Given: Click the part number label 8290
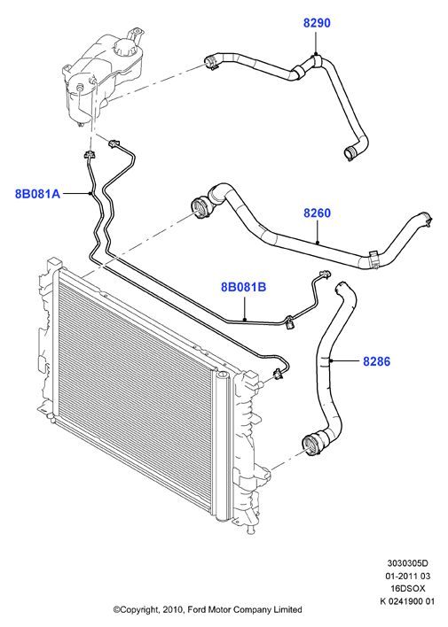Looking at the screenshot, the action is (317, 23).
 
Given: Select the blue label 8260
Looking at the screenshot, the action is (317, 213).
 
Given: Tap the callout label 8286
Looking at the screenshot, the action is (376, 361).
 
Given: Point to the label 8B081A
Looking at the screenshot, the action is (37, 194).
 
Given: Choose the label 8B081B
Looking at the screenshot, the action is (244, 287).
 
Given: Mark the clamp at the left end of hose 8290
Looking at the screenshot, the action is (210, 63).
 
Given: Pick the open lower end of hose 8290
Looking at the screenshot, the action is (349, 153).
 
